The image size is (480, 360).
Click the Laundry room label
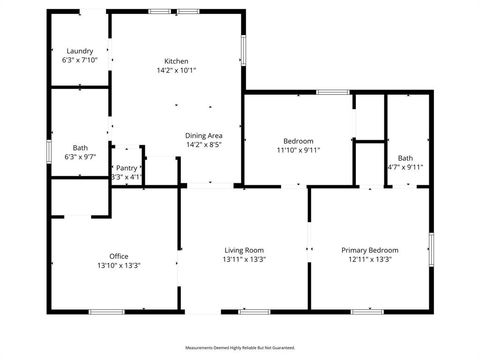tap(79, 50)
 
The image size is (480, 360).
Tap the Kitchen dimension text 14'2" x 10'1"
tap(175, 70)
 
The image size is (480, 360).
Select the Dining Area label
tap(203, 135)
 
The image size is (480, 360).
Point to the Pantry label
tap(126, 168)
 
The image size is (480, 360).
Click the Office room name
tap(119, 255)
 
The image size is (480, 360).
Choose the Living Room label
tap(243, 249)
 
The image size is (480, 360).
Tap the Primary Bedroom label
tap(369, 249)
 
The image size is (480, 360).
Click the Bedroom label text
tap(298, 141)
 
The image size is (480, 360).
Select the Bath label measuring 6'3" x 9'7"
tap(79, 148)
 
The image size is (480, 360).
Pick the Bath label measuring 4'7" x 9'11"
tap(405, 158)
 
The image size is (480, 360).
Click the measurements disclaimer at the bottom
tap(240, 349)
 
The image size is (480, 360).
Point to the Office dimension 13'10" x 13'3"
tap(119, 265)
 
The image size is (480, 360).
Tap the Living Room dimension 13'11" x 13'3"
tap(243, 259)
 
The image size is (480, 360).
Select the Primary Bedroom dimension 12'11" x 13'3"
tap(369, 259)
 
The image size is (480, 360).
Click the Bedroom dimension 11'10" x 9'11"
tap(298, 151)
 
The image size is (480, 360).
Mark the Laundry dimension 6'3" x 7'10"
tap(79, 60)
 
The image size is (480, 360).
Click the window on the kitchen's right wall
tap(243, 50)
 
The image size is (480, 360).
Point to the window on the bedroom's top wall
tap(332, 92)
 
